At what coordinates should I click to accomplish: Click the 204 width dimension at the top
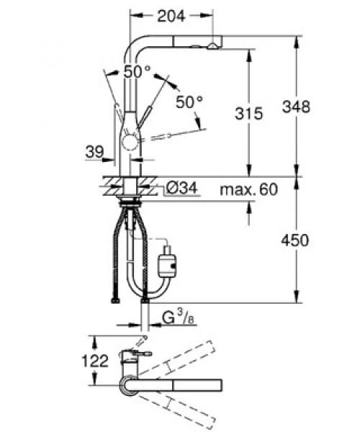pyautogui.click(x=171, y=16)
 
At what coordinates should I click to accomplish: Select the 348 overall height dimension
pyautogui.click(x=296, y=107)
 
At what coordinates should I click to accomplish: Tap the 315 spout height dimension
pyautogui.click(x=248, y=113)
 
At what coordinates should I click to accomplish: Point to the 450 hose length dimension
pyautogui.click(x=295, y=240)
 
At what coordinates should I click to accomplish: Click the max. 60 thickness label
pyautogui.click(x=248, y=189)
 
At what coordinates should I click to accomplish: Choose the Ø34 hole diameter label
pyautogui.click(x=182, y=189)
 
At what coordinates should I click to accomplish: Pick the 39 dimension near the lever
pyautogui.click(x=95, y=151)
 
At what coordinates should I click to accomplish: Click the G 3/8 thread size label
pyautogui.click(x=178, y=318)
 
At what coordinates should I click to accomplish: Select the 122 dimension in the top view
pyautogui.click(x=95, y=361)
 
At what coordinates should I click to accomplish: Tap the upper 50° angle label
pyautogui.click(x=138, y=72)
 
